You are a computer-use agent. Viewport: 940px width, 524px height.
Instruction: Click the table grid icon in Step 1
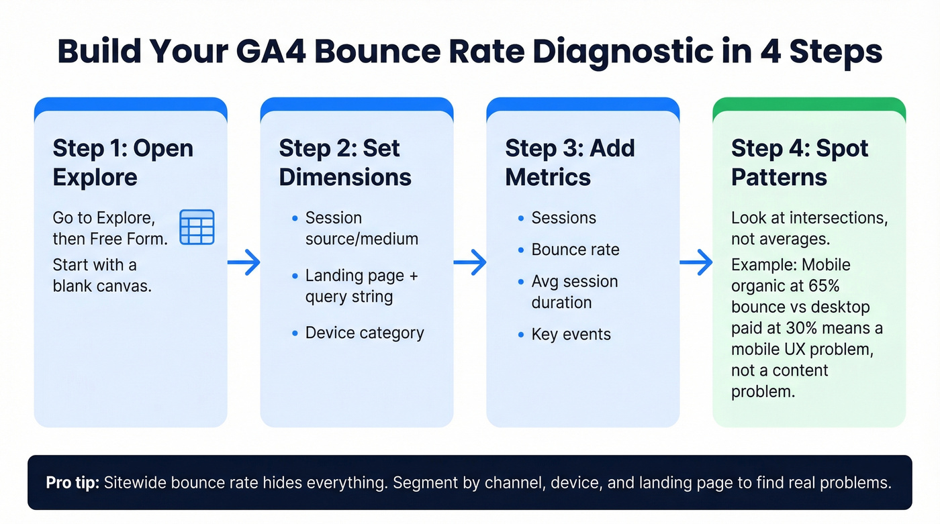[x=197, y=227]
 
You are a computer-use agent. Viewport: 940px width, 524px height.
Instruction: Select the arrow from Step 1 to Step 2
[x=244, y=262]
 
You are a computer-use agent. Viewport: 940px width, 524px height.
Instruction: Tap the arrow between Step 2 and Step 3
[x=470, y=262]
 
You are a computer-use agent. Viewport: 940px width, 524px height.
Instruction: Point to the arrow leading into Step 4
[x=696, y=262]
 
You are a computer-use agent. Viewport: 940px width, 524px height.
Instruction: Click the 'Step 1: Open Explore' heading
[x=123, y=162]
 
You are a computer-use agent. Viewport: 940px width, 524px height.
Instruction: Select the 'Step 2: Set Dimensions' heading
[x=345, y=162]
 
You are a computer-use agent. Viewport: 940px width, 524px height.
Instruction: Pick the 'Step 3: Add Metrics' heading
[x=569, y=162]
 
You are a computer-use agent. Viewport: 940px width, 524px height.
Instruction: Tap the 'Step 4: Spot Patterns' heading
[x=799, y=162]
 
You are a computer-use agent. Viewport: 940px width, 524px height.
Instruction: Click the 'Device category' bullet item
[x=364, y=333]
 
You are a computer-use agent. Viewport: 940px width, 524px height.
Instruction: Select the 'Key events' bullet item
[x=571, y=334]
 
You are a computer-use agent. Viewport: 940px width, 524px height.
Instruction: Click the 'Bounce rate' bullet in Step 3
[x=575, y=250]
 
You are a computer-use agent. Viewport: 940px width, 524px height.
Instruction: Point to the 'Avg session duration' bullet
[x=574, y=291]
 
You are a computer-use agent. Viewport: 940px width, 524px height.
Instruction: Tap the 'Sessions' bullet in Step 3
[x=563, y=218]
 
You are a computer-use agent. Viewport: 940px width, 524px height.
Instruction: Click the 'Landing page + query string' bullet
[x=361, y=286]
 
